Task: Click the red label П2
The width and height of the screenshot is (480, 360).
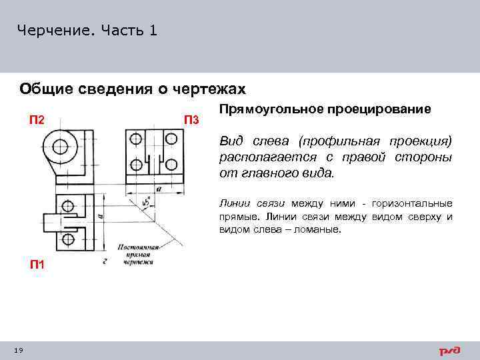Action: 37,120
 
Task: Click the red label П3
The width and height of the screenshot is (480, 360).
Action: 191,120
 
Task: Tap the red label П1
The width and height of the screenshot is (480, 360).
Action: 37,265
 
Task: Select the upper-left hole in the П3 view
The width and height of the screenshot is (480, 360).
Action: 136,139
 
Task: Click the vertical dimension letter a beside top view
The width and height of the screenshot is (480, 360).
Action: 99,217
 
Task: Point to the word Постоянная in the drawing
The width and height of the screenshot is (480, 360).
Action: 136,246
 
